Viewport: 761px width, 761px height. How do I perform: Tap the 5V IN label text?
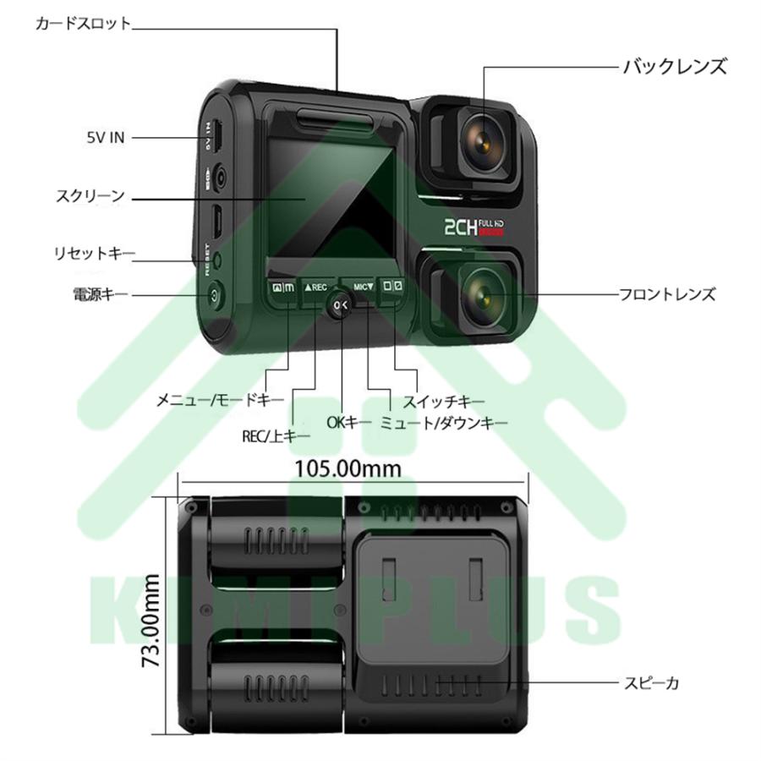[105, 137]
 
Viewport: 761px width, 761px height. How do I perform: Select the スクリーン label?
[90, 197]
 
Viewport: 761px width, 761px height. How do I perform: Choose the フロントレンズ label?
[667, 294]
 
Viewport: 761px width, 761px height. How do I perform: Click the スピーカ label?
[651, 680]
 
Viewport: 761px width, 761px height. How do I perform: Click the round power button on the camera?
[213, 297]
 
